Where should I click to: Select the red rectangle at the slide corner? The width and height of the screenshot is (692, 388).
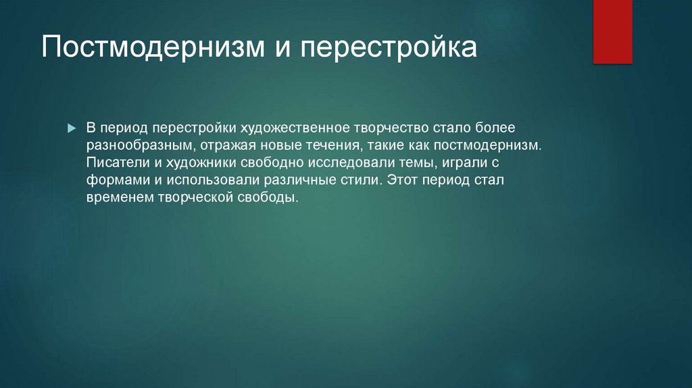(612, 32)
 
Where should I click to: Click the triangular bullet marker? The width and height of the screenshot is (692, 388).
(72, 128)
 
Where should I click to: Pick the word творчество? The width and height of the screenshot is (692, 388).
(391, 128)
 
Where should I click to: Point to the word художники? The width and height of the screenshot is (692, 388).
(201, 162)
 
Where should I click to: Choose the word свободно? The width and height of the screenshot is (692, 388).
(272, 162)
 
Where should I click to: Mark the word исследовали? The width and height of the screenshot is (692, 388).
(351, 163)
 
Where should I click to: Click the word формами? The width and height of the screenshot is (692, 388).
(118, 180)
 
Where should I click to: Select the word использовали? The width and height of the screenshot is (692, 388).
(213, 180)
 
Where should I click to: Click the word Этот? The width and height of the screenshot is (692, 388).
(402, 180)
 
